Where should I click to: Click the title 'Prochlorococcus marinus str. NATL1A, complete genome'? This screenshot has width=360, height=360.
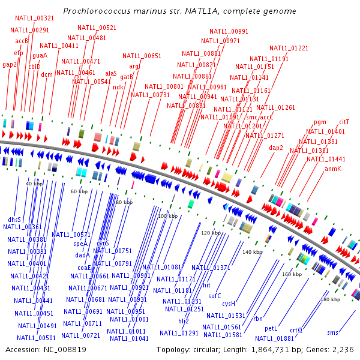[x=179, y=11]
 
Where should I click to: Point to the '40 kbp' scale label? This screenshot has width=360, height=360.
[x=34, y=184]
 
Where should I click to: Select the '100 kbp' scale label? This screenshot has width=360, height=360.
[x=167, y=215]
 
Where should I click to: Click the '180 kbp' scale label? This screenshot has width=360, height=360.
[x=330, y=299]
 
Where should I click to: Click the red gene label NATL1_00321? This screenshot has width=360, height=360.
[x=34, y=19]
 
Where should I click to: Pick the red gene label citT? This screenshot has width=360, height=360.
[x=344, y=122]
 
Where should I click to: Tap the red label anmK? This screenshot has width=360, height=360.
[x=333, y=169]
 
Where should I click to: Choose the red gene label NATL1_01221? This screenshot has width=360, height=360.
[x=289, y=48]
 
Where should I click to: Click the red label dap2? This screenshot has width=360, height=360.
[x=275, y=147]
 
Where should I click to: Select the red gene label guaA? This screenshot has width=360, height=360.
[x=40, y=55]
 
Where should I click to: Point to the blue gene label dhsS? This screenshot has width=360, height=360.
[x=14, y=220]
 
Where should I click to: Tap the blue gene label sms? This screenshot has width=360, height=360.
[x=332, y=332]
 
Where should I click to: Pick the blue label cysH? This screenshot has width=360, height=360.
[x=229, y=304]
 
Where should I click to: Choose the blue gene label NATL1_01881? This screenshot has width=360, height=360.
[x=274, y=338]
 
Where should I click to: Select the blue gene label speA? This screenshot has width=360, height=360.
[x=80, y=244]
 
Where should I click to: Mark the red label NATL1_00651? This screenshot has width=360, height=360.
[x=142, y=56]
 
